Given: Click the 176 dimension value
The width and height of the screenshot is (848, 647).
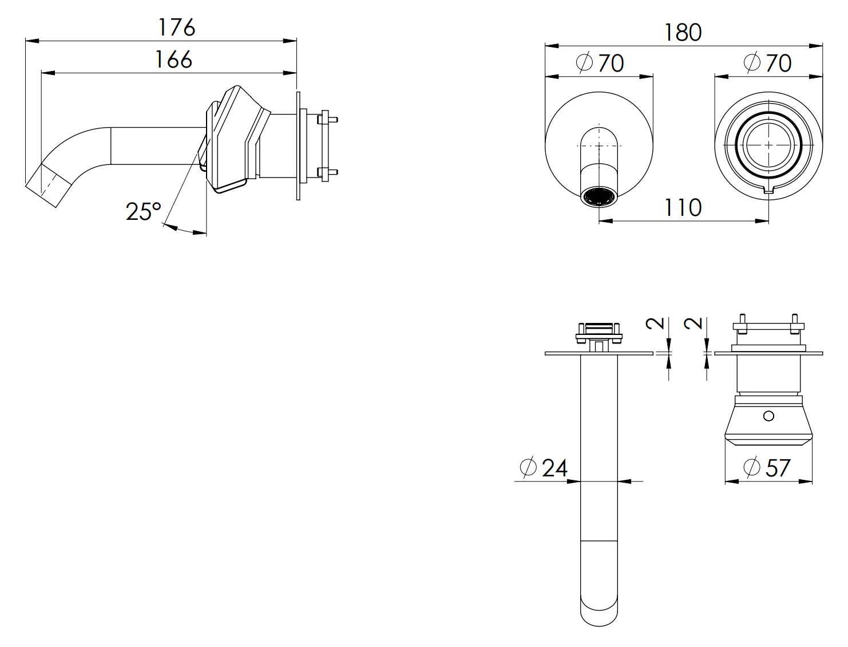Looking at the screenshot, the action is [x=177, y=27].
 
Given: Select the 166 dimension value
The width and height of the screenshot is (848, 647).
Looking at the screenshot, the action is [x=173, y=60].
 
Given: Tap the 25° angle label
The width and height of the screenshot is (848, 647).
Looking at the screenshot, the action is [x=143, y=212].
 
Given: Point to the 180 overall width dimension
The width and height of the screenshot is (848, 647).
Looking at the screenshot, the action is [x=682, y=33].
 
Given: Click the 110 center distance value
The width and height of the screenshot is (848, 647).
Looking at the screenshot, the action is [x=682, y=208].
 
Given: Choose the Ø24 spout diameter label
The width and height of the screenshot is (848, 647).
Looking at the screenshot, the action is [x=544, y=468].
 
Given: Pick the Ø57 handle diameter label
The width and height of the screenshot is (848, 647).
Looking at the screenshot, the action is [x=767, y=468].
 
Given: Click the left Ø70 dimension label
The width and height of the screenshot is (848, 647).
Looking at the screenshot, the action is [x=600, y=63].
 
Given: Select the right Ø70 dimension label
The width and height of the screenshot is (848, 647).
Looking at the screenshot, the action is [x=768, y=63].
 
